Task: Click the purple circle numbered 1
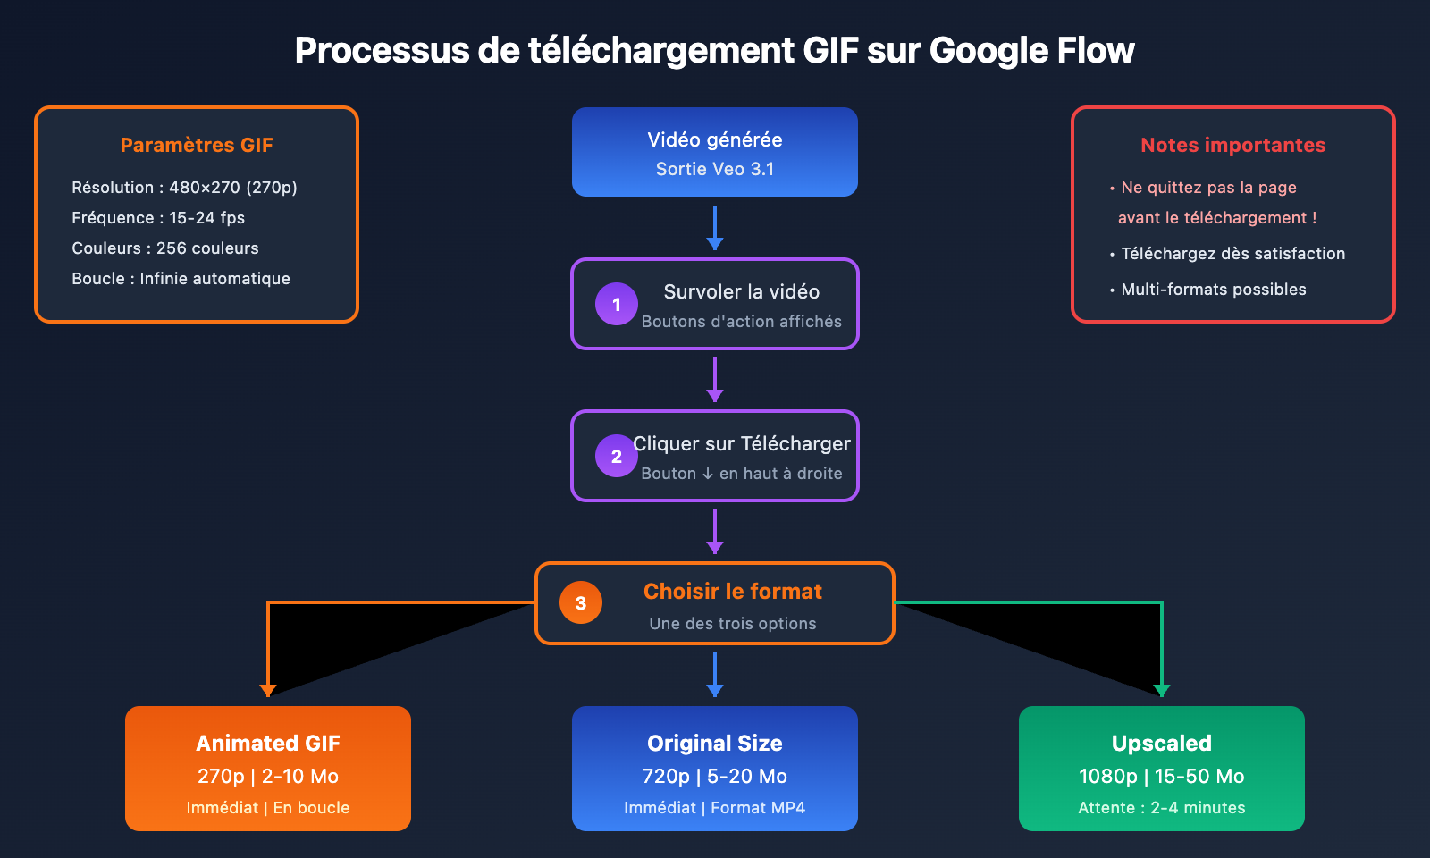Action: [x=617, y=304]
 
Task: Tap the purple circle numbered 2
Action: [x=617, y=456]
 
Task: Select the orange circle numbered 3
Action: [x=581, y=602]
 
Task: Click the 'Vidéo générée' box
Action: [x=715, y=152]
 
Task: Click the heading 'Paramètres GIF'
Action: [x=197, y=145]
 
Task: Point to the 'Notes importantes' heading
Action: [x=1232, y=145]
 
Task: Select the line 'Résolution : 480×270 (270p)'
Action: [x=184, y=188]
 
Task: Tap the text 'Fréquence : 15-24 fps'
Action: [x=158, y=218]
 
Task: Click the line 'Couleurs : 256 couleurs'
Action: [x=165, y=248]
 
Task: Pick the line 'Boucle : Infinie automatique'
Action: [x=181, y=279]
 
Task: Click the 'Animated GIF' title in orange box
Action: [x=268, y=743]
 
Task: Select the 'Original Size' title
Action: [x=715, y=743]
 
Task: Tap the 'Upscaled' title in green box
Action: [x=1161, y=743]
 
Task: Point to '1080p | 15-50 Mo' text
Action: [x=1161, y=776]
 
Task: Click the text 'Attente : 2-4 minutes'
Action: [x=1161, y=808]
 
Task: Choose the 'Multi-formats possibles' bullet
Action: [x=1213, y=290]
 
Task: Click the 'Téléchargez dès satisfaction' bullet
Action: [x=1232, y=254]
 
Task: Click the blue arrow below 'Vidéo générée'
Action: [x=715, y=228]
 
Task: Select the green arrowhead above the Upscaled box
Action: [x=1161, y=690]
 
